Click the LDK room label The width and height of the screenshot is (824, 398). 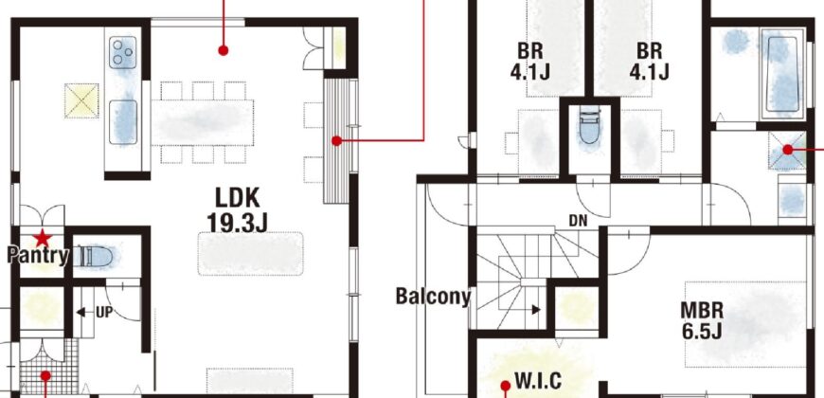pos(238,197)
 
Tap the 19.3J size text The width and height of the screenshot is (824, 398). pos(238,223)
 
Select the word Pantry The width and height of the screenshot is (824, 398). pos(38,256)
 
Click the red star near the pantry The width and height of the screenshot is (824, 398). pos(42,238)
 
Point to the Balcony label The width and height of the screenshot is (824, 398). pos(433,297)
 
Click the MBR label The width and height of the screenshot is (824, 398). pos(702,310)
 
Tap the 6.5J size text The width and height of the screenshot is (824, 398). pos(702,332)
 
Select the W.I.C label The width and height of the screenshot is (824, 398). pos(538,381)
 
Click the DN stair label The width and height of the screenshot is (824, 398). pos(578,221)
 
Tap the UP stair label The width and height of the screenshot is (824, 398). pos(104,313)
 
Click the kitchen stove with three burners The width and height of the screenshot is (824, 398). pos(123,52)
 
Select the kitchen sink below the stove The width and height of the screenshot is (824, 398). pos(123,122)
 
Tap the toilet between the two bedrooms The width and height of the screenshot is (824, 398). pos(590,126)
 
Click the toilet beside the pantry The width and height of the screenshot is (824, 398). pos(94,257)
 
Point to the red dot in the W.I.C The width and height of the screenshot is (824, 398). pos(506,387)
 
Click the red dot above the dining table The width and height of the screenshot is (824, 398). pos(224,50)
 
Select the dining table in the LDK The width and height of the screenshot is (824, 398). pos(203,122)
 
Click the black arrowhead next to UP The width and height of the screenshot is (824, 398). pos(81,313)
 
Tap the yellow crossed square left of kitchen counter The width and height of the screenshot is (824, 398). pos(81,100)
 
